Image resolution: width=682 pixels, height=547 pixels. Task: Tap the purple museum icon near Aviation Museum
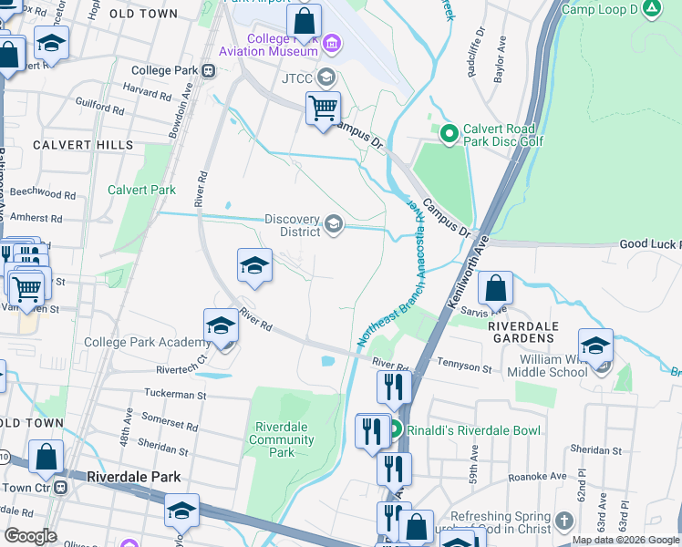click(331, 44)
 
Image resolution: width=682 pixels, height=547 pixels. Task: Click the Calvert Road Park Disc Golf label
click(503, 135)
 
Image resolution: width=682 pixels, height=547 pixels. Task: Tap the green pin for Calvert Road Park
click(449, 135)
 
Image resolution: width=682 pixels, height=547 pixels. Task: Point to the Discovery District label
click(292, 225)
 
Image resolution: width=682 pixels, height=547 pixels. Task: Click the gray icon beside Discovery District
click(334, 224)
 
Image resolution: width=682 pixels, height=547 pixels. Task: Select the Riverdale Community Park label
click(284, 439)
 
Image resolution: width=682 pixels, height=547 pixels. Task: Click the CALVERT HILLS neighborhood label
click(83, 145)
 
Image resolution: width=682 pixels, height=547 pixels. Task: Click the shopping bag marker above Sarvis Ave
click(494, 289)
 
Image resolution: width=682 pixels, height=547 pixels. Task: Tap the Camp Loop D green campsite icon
click(651, 10)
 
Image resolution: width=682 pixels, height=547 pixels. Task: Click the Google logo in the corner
click(30, 536)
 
